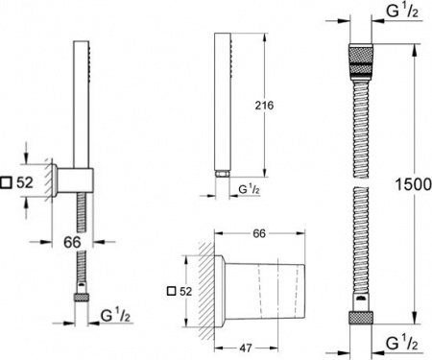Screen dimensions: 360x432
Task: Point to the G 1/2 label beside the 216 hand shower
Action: click(252, 190)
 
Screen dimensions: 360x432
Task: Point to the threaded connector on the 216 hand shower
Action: click(223, 174)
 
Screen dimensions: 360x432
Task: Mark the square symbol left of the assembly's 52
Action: click(8, 181)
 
